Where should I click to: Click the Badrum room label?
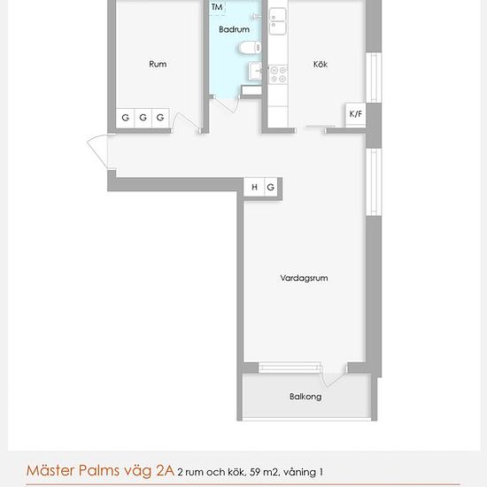pyautogui.click(x=234, y=29)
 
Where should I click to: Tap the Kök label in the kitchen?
pyautogui.click(x=321, y=64)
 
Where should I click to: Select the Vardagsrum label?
pyautogui.click(x=304, y=278)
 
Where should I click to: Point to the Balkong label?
pyautogui.click(x=305, y=397)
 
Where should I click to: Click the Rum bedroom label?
pyautogui.click(x=158, y=64)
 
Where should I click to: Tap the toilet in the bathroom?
pyautogui.click(x=251, y=48)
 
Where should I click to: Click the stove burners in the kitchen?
pyautogui.click(x=278, y=74)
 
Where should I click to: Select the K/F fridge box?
pyautogui.click(x=356, y=114)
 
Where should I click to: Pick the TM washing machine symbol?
pyautogui.click(x=217, y=7)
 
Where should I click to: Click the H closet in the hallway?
pyautogui.click(x=254, y=187)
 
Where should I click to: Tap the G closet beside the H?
pyautogui.click(x=271, y=187)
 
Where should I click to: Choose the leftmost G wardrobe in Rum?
pyautogui.click(x=125, y=118)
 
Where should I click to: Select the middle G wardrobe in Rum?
pyautogui.click(x=143, y=118)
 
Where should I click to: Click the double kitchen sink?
pyautogui.click(x=277, y=21)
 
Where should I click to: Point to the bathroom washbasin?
pyautogui.click(x=256, y=71)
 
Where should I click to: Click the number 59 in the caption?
pyautogui.click(x=255, y=472)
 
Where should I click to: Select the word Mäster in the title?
pyautogui.click(x=50, y=470)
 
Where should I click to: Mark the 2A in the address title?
pyautogui.click(x=165, y=470)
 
